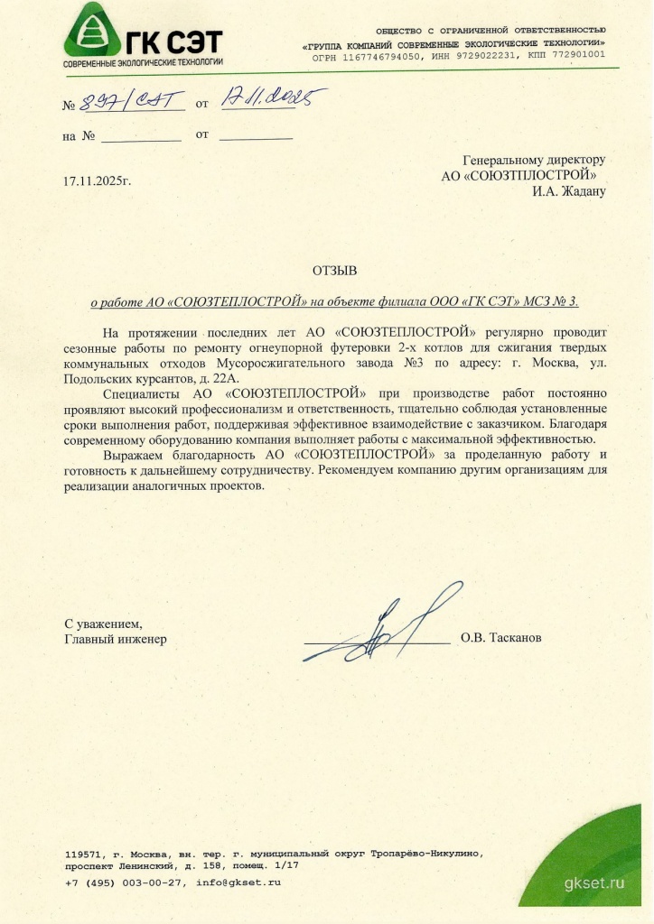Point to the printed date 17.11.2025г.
point(98,181)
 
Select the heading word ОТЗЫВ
point(335,270)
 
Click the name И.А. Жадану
point(569,190)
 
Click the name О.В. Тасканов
point(501,638)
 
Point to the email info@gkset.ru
point(238,882)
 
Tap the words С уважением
point(102,624)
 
